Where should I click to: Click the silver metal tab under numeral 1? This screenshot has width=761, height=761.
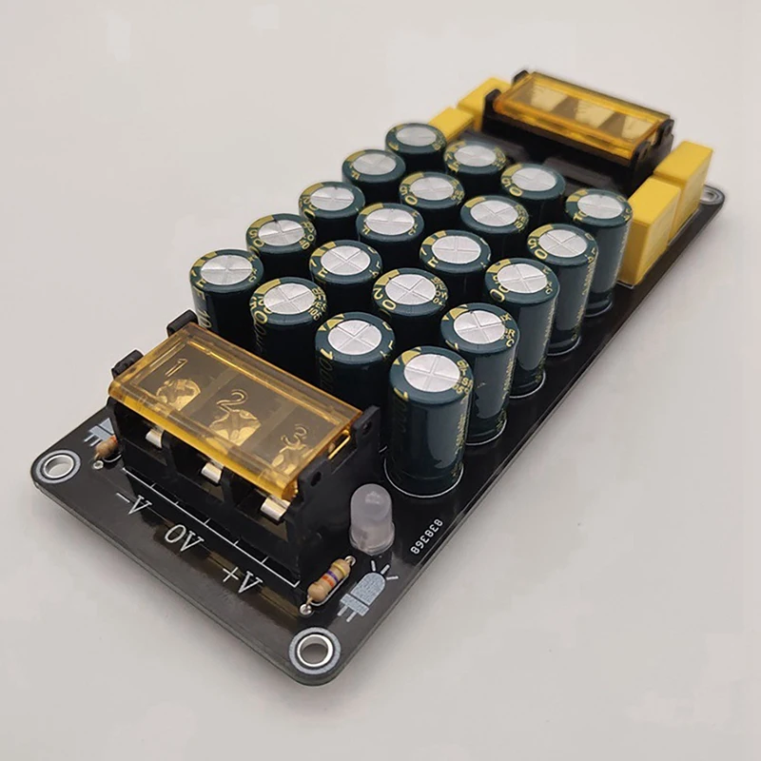(x=154, y=436)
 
